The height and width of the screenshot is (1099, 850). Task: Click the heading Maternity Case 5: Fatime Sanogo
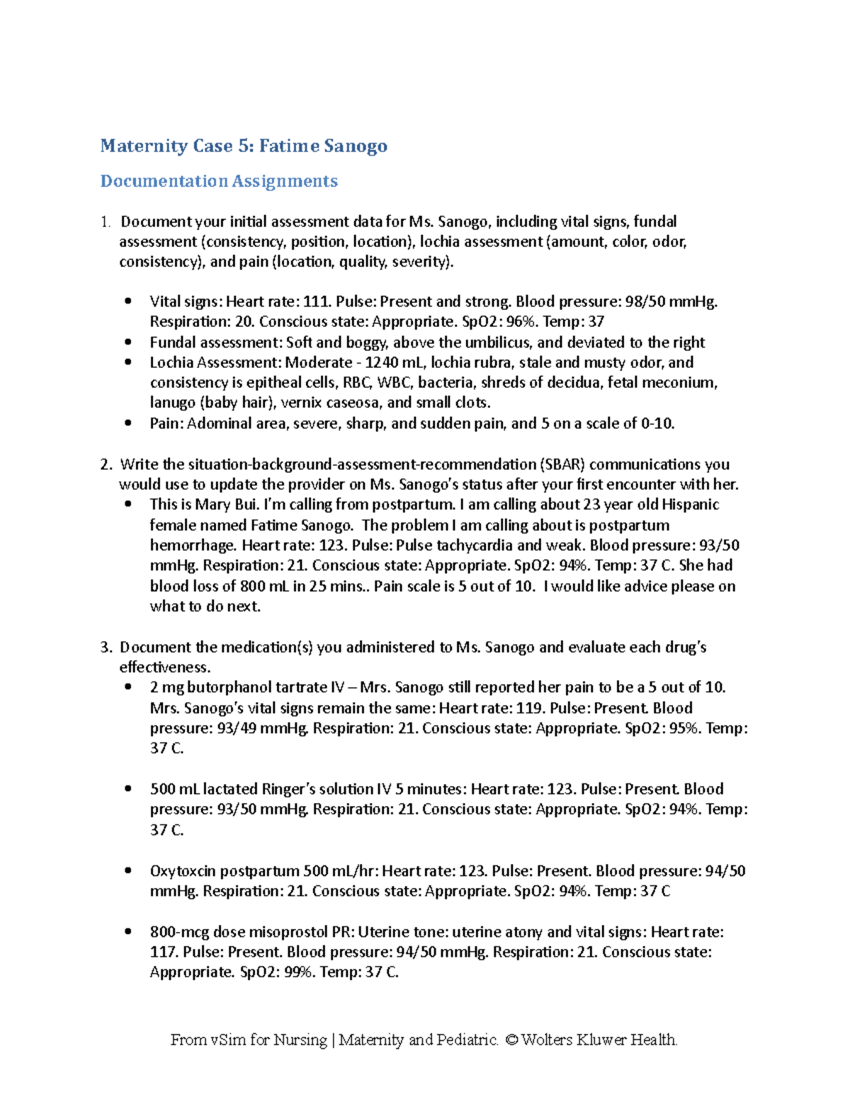click(x=244, y=146)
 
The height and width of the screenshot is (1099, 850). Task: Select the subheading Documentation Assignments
click(x=219, y=181)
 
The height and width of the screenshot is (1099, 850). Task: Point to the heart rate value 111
click(x=315, y=301)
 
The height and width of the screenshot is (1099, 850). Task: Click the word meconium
click(x=688, y=383)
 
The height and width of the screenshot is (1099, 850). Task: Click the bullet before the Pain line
click(x=128, y=423)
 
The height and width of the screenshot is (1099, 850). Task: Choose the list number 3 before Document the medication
click(x=106, y=647)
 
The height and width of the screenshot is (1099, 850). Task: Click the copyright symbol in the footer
click(x=509, y=1040)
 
